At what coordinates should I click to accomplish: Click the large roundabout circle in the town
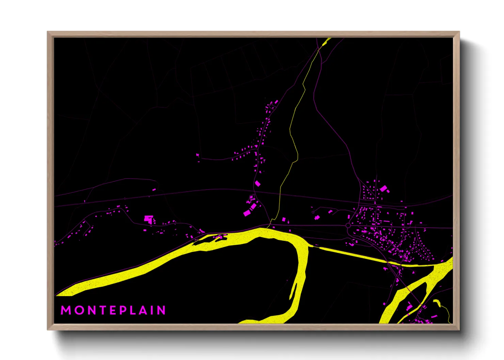click(348, 226)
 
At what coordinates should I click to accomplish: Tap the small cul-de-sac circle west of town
click(313, 212)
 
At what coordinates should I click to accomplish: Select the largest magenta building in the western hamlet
click(148, 218)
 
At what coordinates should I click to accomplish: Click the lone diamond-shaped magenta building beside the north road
click(258, 184)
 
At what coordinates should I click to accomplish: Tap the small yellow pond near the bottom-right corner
click(437, 302)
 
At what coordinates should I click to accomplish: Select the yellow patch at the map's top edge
click(327, 42)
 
